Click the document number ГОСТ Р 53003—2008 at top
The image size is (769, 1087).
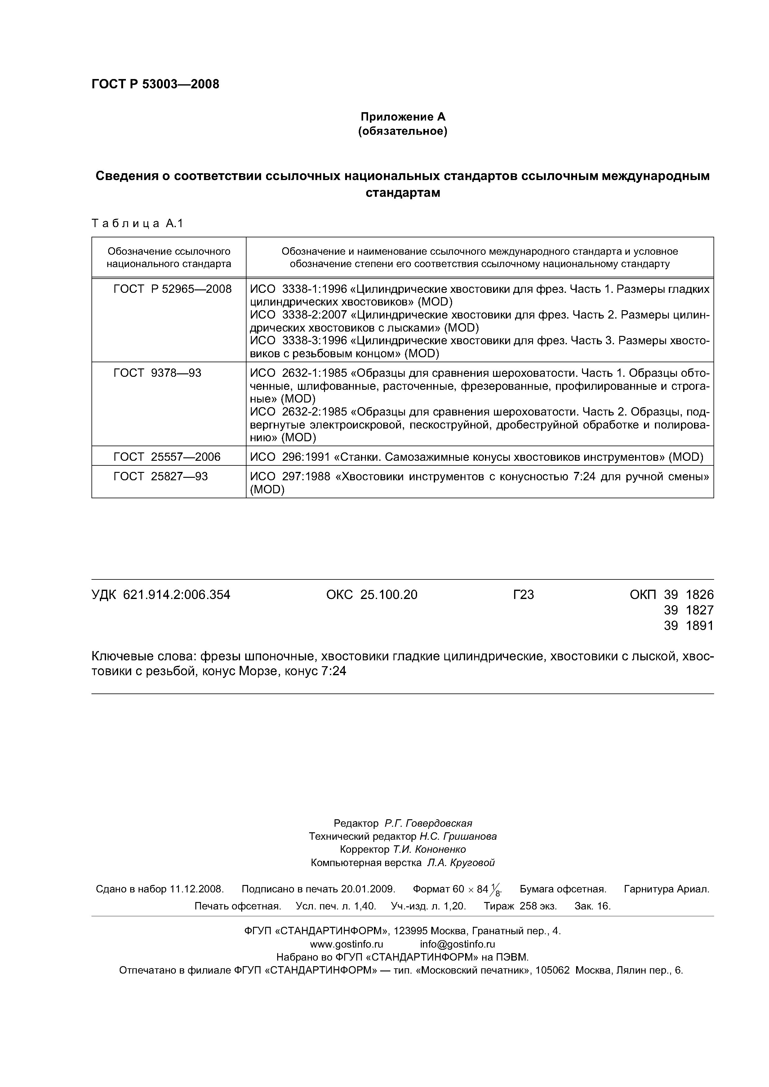155,84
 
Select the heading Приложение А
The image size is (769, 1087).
403,117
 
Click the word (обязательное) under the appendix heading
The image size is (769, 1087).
403,131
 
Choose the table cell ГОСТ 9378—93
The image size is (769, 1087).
157,373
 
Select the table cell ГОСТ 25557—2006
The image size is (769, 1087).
167,457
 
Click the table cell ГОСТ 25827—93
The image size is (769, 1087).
161,476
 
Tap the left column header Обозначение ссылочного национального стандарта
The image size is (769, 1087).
169,257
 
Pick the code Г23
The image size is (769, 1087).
523,595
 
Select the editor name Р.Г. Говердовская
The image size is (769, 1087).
428,823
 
